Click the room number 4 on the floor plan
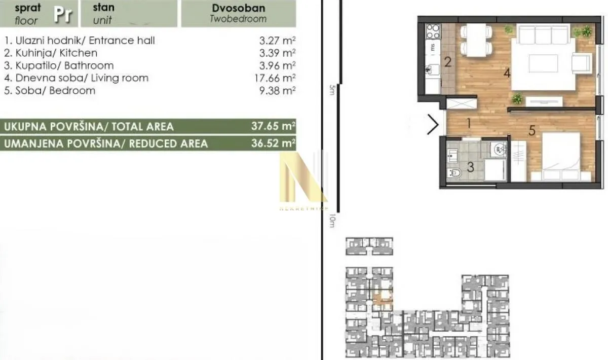pos(507,73)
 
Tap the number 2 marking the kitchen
pos(448,62)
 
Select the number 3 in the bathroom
pos(470,167)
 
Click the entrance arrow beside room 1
pos(433,125)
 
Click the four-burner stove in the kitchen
pos(433,32)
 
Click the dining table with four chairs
pos(476,41)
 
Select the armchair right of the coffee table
pos(581,63)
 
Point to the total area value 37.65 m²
pos(273,126)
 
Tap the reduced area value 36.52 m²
pos(273,143)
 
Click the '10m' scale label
pos(332,221)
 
